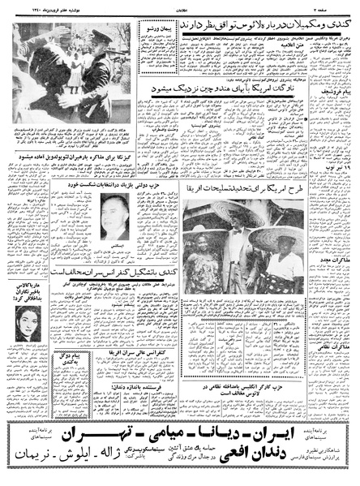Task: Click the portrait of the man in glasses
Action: pyautogui.click(x=115, y=214)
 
